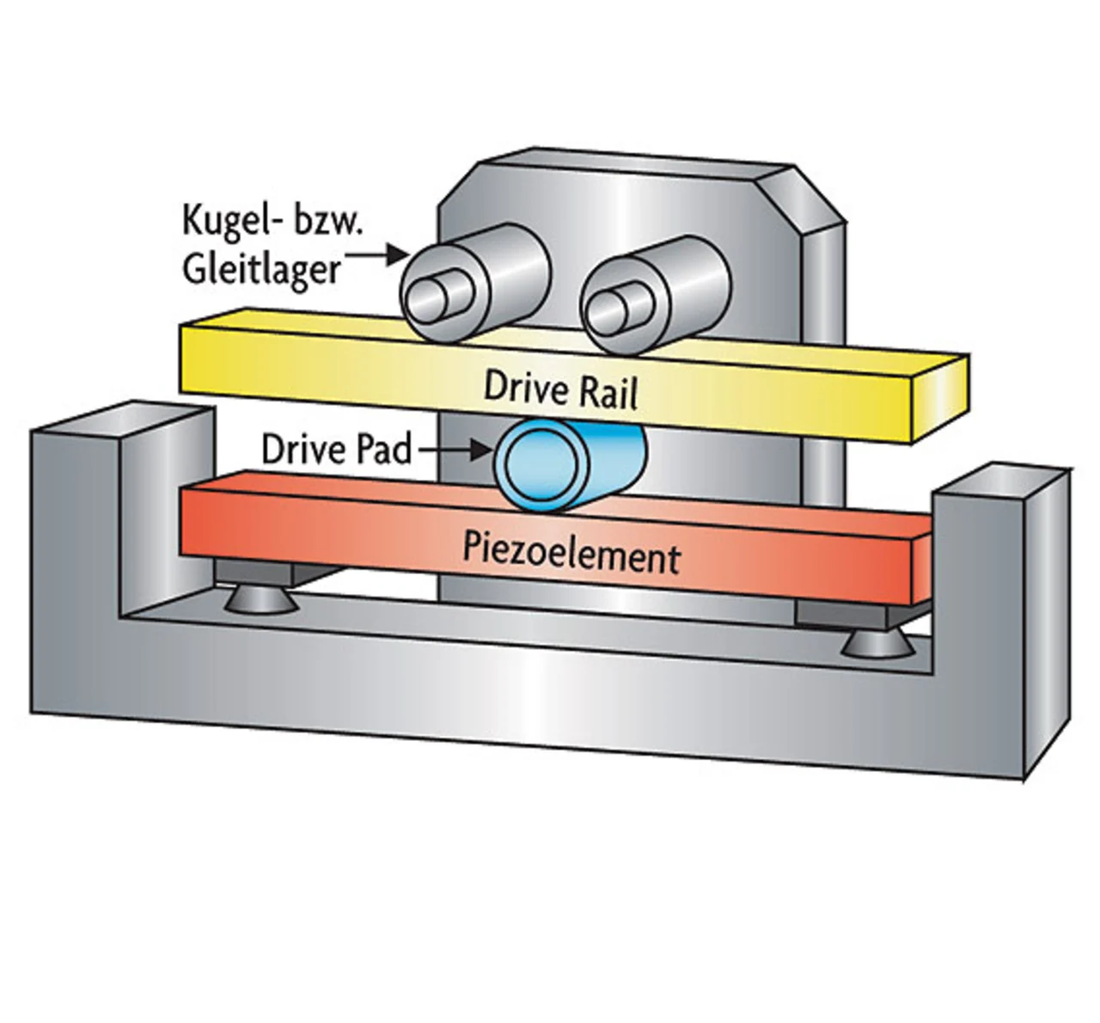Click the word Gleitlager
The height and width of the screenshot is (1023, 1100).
(261, 270)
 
